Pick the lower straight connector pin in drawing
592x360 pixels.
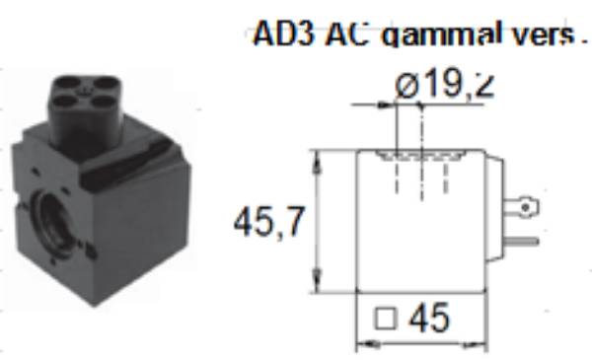pos(523,239)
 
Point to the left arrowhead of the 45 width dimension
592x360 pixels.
pos(360,345)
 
